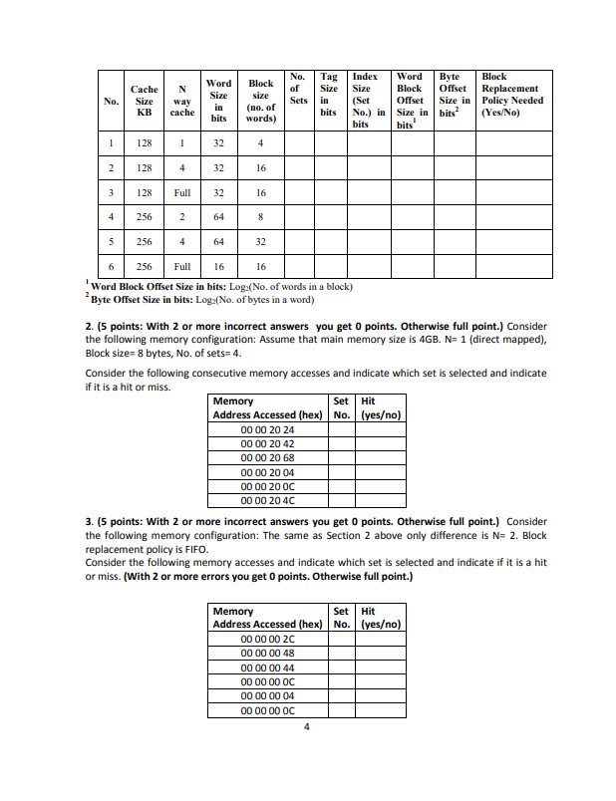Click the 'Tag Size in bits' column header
point(327,95)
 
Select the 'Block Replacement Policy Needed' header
point(511,95)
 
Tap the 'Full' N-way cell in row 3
point(181,192)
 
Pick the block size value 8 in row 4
point(260,216)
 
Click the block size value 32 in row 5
point(260,241)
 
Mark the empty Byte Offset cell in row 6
point(456,266)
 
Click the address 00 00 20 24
point(268,429)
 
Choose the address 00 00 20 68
point(268,457)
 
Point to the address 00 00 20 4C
point(268,499)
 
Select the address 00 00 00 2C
point(268,639)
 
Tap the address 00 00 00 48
point(268,654)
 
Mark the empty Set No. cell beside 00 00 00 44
point(341,667)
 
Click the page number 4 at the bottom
point(307,726)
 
